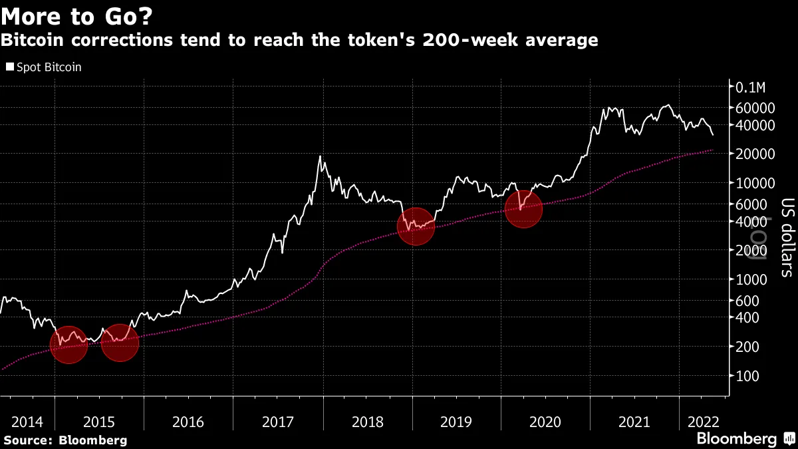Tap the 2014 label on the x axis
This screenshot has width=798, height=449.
(x=28, y=422)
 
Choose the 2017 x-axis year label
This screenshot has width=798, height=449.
(x=278, y=422)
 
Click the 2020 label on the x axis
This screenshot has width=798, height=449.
(x=545, y=422)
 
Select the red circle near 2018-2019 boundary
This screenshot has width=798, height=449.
(x=416, y=226)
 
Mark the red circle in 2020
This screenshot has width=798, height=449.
(x=523, y=209)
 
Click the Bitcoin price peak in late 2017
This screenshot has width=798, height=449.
(x=321, y=157)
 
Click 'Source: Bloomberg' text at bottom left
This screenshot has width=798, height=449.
(x=65, y=440)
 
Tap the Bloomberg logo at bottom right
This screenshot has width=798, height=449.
(x=736, y=439)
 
